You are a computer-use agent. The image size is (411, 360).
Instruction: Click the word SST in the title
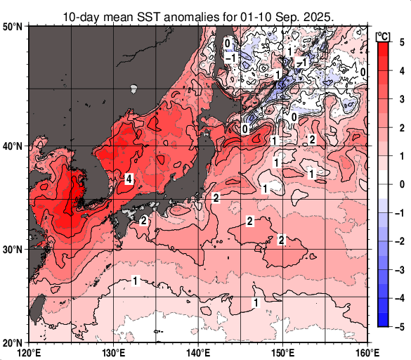(x=145, y=15)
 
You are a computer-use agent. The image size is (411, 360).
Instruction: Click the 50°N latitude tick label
(x=13, y=27)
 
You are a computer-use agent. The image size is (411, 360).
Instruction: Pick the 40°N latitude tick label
(x=13, y=146)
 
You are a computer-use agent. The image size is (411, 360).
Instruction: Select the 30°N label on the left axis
(x=13, y=250)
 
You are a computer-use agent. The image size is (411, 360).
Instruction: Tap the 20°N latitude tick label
(x=13, y=342)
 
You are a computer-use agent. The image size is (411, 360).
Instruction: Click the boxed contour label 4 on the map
(x=129, y=179)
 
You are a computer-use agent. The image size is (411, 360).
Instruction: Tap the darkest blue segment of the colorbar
(x=383, y=320)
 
